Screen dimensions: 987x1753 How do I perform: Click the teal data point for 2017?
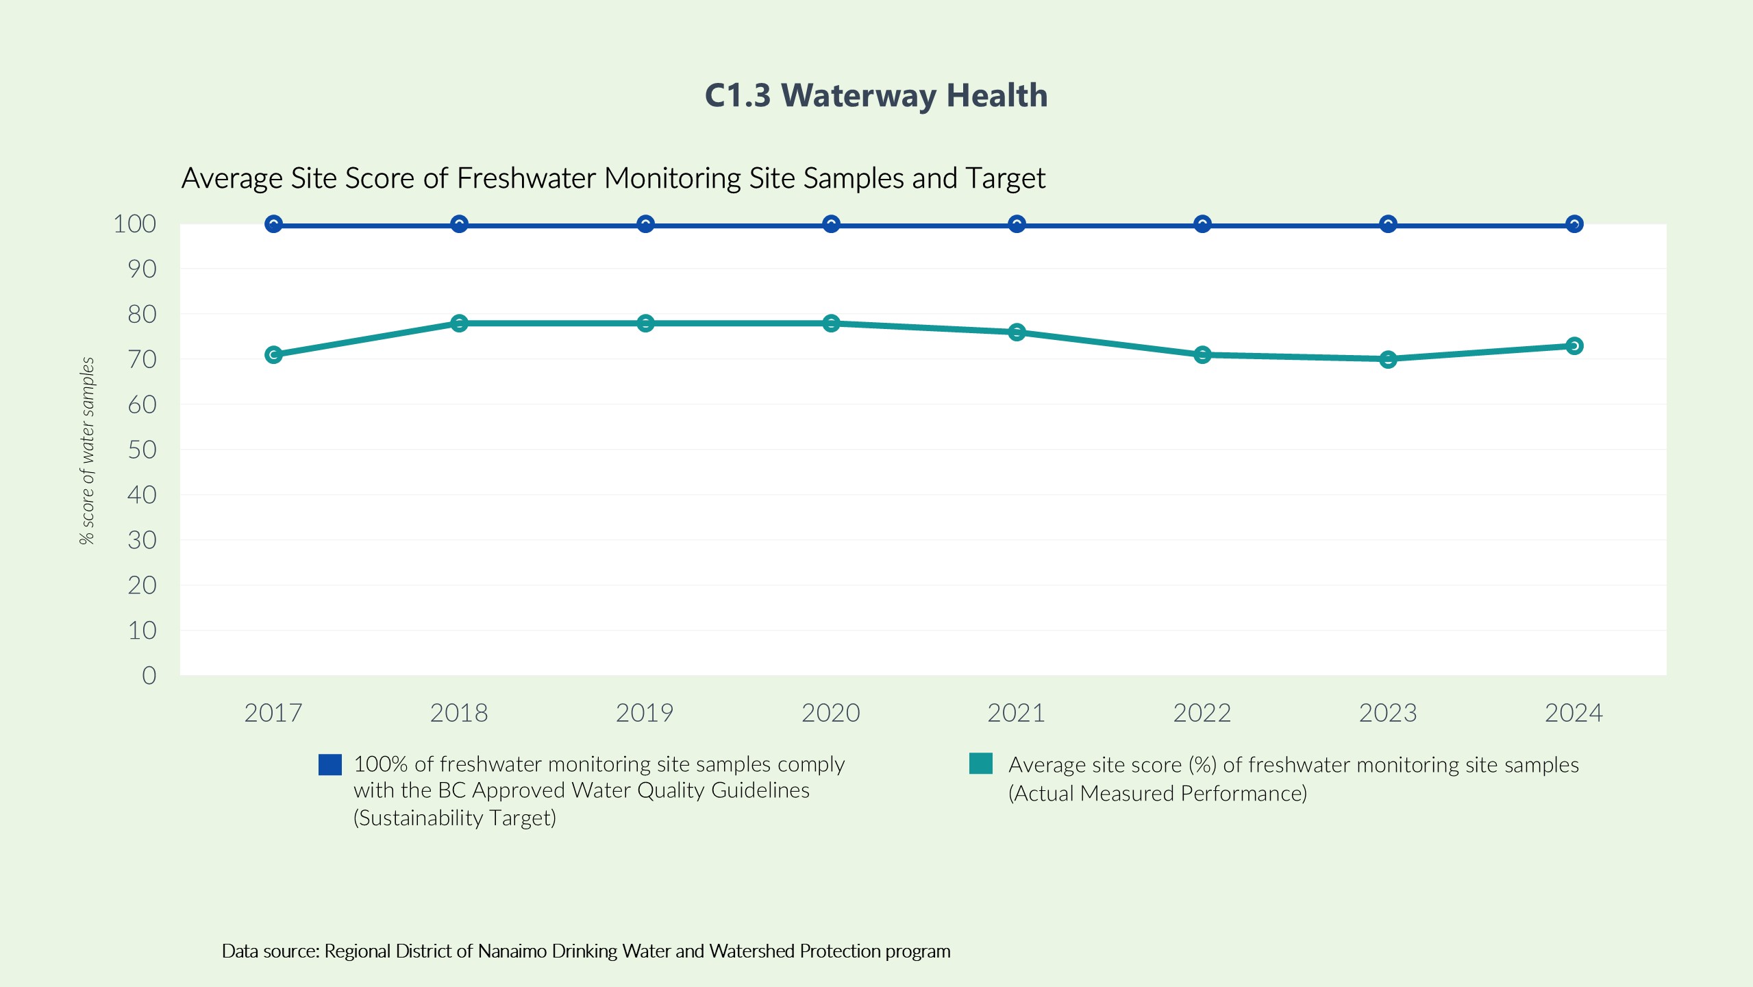[273, 354]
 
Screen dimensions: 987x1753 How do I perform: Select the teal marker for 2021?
[1017, 332]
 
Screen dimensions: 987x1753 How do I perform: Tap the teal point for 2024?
[1574, 346]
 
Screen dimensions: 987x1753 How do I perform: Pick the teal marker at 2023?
[1388, 359]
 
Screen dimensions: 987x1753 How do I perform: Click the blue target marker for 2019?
[645, 224]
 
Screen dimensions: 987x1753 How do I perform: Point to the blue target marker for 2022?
[1202, 224]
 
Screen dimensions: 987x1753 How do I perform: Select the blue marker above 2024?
[1574, 224]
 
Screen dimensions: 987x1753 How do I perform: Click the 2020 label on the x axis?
[830, 714]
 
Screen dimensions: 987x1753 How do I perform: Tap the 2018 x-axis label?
[458, 714]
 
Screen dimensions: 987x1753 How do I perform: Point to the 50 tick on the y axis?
[142, 450]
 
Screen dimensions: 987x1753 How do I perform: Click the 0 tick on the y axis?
[149, 676]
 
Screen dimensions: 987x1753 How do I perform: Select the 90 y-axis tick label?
[142, 269]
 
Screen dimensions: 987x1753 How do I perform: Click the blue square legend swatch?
[330, 765]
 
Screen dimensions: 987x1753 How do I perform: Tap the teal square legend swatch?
[981, 764]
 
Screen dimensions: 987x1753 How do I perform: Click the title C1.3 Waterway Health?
[876, 95]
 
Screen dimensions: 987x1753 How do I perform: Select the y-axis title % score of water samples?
[87, 451]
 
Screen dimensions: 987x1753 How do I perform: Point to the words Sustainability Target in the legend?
[455, 818]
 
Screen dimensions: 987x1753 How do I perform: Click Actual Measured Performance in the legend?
[1158, 794]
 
